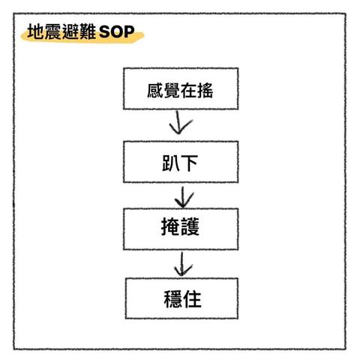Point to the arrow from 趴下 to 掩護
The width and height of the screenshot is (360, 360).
pyautogui.click(x=183, y=197)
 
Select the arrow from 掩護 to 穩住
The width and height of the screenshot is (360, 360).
pyautogui.click(x=182, y=264)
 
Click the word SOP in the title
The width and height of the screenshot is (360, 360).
pyautogui.click(x=117, y=31)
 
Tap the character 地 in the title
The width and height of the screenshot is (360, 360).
pyautogui.click(x=35, y=31)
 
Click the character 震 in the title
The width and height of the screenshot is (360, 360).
pyautogui.click(x=52, y=31)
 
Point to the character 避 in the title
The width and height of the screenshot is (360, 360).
pyautogui.click(x=70, y=31)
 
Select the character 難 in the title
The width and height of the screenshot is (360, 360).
pyautogui.click(x=87, y=31)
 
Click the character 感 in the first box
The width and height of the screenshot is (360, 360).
pyautogui.click(x=155, y=90)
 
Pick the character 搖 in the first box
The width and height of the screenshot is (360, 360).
pyautogui.click(x=205, y=90)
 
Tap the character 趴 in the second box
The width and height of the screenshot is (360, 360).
pyautogui.click(x=171, y=163)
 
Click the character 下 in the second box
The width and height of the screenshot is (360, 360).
pyautogui.click(x=189, y=163)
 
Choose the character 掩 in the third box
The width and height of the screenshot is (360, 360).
pyautogui.click(x=170, y=226)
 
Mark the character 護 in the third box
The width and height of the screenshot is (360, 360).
pyautogui.click(x=190, y=226)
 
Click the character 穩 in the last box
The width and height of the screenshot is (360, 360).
pyautogui.click(x=173, y=299)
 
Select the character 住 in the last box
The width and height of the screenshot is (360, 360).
pyautogui.click(x=192, y=299)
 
